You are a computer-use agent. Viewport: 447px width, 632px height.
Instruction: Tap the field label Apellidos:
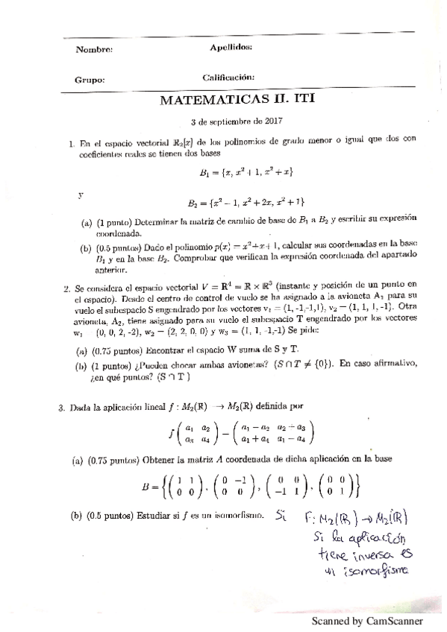click(x=231, y=46)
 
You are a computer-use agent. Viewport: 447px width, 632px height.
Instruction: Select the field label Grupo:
click(x=90, y=80)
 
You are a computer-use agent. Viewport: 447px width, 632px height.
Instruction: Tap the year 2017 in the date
click(x=272, y=120)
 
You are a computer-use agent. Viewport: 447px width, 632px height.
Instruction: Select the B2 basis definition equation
click(x=246, y=202)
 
